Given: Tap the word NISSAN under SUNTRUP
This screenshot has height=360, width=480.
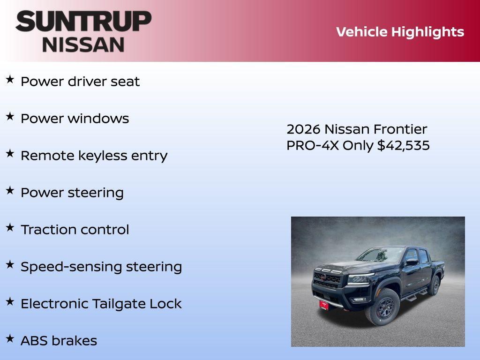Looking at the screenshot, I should coord(83,44).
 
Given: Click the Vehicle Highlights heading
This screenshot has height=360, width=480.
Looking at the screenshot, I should coord(400,32).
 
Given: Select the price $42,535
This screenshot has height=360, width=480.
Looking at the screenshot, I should coord(404,145).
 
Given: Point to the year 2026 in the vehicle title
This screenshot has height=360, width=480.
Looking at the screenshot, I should coord(304,129).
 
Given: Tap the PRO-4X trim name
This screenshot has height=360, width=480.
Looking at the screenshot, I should coord(313,145).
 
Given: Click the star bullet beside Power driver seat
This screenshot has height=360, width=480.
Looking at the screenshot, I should coord(10,79).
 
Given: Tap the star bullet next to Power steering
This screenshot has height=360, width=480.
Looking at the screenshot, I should coord(10,190).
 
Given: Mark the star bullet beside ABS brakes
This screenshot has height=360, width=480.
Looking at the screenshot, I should coord(10,338).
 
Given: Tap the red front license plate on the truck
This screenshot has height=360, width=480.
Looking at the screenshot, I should coord(324,304).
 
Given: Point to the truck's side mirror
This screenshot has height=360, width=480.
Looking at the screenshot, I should coord(412,262).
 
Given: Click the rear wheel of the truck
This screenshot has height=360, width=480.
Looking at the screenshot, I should coord(435,285).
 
